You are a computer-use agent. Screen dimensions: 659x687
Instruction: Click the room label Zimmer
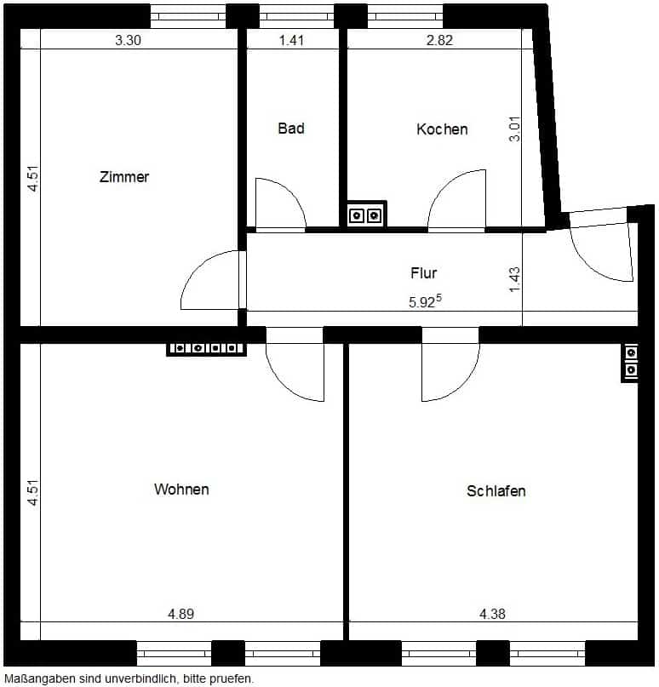click(124, 177)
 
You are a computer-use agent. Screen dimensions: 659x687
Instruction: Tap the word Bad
click(291, 129)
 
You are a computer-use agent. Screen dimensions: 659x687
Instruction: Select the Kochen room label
click(442, 129)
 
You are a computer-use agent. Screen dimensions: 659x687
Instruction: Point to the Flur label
click(424, 273)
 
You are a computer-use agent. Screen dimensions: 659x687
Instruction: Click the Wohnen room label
click(181, 489)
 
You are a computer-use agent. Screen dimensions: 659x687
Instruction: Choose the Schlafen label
click(496, 491)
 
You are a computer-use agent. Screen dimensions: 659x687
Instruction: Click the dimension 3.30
click(128, 40)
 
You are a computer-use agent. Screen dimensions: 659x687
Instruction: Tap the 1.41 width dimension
click(291, 40)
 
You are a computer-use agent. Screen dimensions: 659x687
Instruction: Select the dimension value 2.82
click(439, 40)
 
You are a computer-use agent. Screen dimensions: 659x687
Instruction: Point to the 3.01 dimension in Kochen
click(515, 129)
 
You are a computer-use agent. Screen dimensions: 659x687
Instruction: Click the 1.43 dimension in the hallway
click(515, 279)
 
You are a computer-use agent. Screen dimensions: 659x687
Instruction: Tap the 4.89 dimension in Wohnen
click(181, 614)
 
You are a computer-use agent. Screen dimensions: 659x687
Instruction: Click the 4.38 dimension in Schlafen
click(492, 614)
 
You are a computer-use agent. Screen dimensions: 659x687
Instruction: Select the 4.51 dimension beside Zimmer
click(33, 178)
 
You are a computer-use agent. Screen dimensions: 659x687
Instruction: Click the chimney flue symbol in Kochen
click(365, 215)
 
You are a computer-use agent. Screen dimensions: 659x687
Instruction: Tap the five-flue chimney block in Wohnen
click(206, 349)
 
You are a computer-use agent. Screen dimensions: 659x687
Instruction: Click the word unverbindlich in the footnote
click(140, 678)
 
